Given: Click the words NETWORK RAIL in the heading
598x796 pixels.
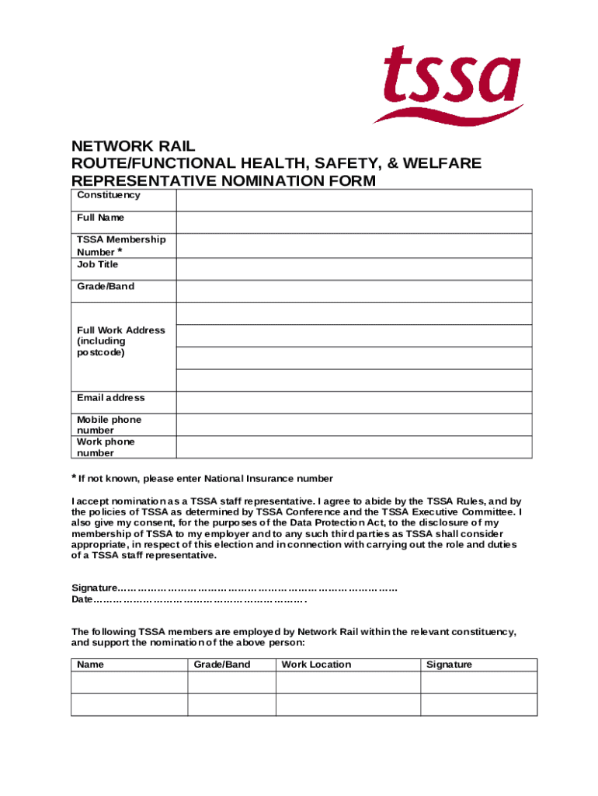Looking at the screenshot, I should [x=133, y=146].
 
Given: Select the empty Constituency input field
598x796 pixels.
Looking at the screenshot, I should [x=353, y=201].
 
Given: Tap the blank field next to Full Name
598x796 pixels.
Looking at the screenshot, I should [x=353, y=222].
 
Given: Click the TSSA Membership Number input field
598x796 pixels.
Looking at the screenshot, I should [x=353, y=246].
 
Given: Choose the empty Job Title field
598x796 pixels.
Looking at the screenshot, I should [x=353, y=269].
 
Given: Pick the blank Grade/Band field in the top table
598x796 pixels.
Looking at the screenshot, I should [x=353, y=291].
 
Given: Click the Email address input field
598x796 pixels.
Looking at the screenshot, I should [x=353, y=402].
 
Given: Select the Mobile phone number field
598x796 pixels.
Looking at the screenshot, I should [x=353, y=424].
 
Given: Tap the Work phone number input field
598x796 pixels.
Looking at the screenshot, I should [x=353, y=447].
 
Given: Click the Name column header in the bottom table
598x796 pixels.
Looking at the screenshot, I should [x=90, y=665].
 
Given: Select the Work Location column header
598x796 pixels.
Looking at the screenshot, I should [x=316, y=665].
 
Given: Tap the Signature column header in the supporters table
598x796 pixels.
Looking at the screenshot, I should [x=449, y=665].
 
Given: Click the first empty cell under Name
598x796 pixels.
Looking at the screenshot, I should [x=129, y=683].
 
